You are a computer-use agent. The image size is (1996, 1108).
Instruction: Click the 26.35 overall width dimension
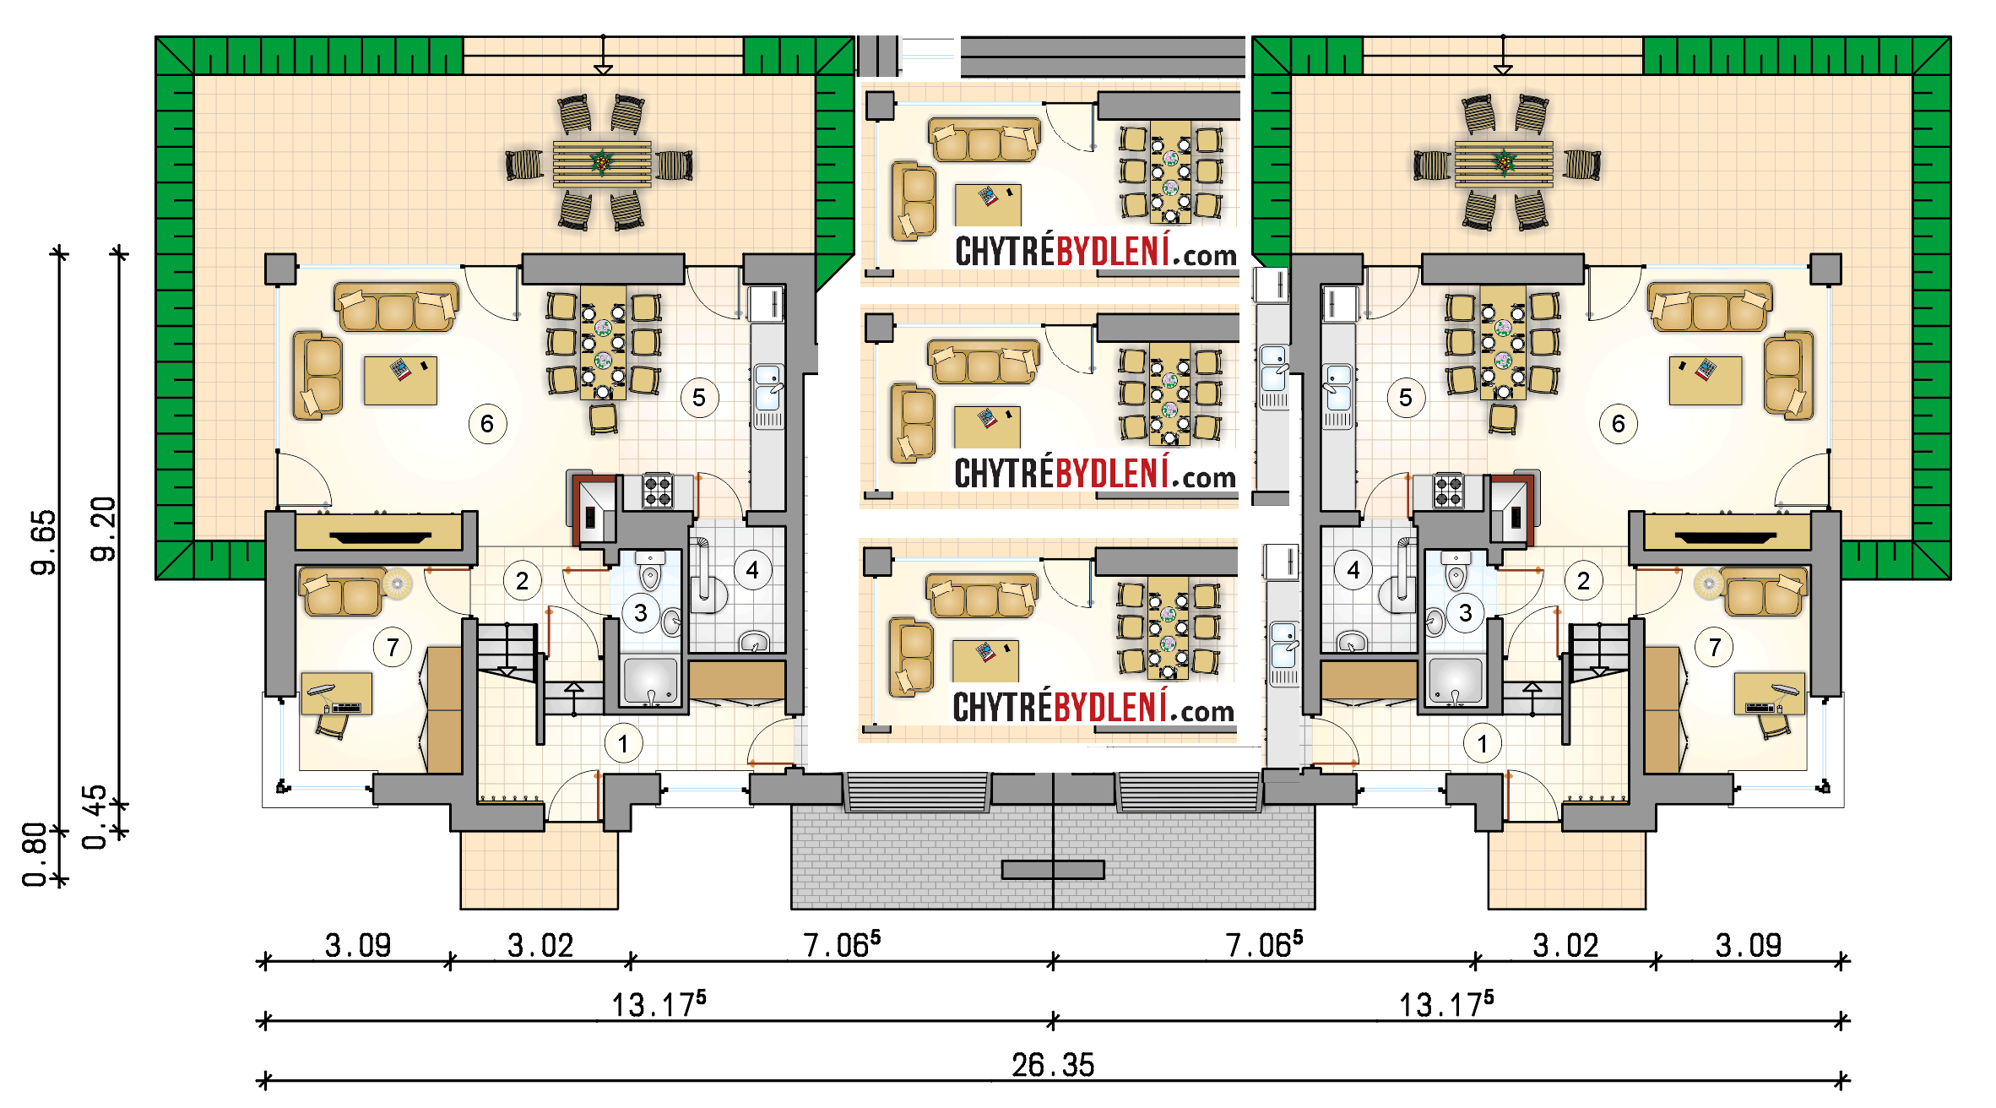1053,1065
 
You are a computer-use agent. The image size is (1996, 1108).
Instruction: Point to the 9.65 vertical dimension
43,542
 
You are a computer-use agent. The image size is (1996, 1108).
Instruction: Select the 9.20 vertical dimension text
103,530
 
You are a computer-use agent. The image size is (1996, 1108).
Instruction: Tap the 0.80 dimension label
35,855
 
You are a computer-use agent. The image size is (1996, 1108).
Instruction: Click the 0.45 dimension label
95,817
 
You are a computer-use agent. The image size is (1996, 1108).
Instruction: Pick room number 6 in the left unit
487,424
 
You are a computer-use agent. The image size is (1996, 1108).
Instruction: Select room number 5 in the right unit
1406,398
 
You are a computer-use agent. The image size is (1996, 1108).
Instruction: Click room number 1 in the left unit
623,744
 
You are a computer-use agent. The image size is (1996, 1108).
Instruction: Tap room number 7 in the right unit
1715,648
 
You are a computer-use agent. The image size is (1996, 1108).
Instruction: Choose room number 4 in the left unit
752,571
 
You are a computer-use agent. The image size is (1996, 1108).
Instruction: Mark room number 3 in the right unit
1466,613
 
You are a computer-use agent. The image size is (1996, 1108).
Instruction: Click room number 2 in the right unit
1584,581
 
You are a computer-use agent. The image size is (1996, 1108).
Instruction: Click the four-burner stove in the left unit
658,491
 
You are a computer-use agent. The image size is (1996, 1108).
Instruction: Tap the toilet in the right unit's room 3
1456,572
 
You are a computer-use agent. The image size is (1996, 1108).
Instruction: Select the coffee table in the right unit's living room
1706,381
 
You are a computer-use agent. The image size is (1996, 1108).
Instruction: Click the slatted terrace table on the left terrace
602,164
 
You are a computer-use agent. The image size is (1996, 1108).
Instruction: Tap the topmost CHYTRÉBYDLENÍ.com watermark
1096,251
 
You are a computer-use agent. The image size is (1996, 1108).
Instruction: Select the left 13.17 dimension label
659,1004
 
